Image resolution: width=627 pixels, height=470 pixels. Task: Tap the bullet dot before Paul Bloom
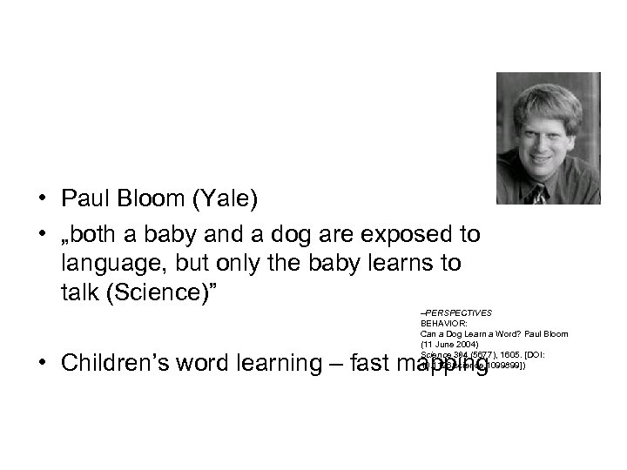click(41, 200)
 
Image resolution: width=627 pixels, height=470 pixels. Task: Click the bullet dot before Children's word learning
click(41, 363)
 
